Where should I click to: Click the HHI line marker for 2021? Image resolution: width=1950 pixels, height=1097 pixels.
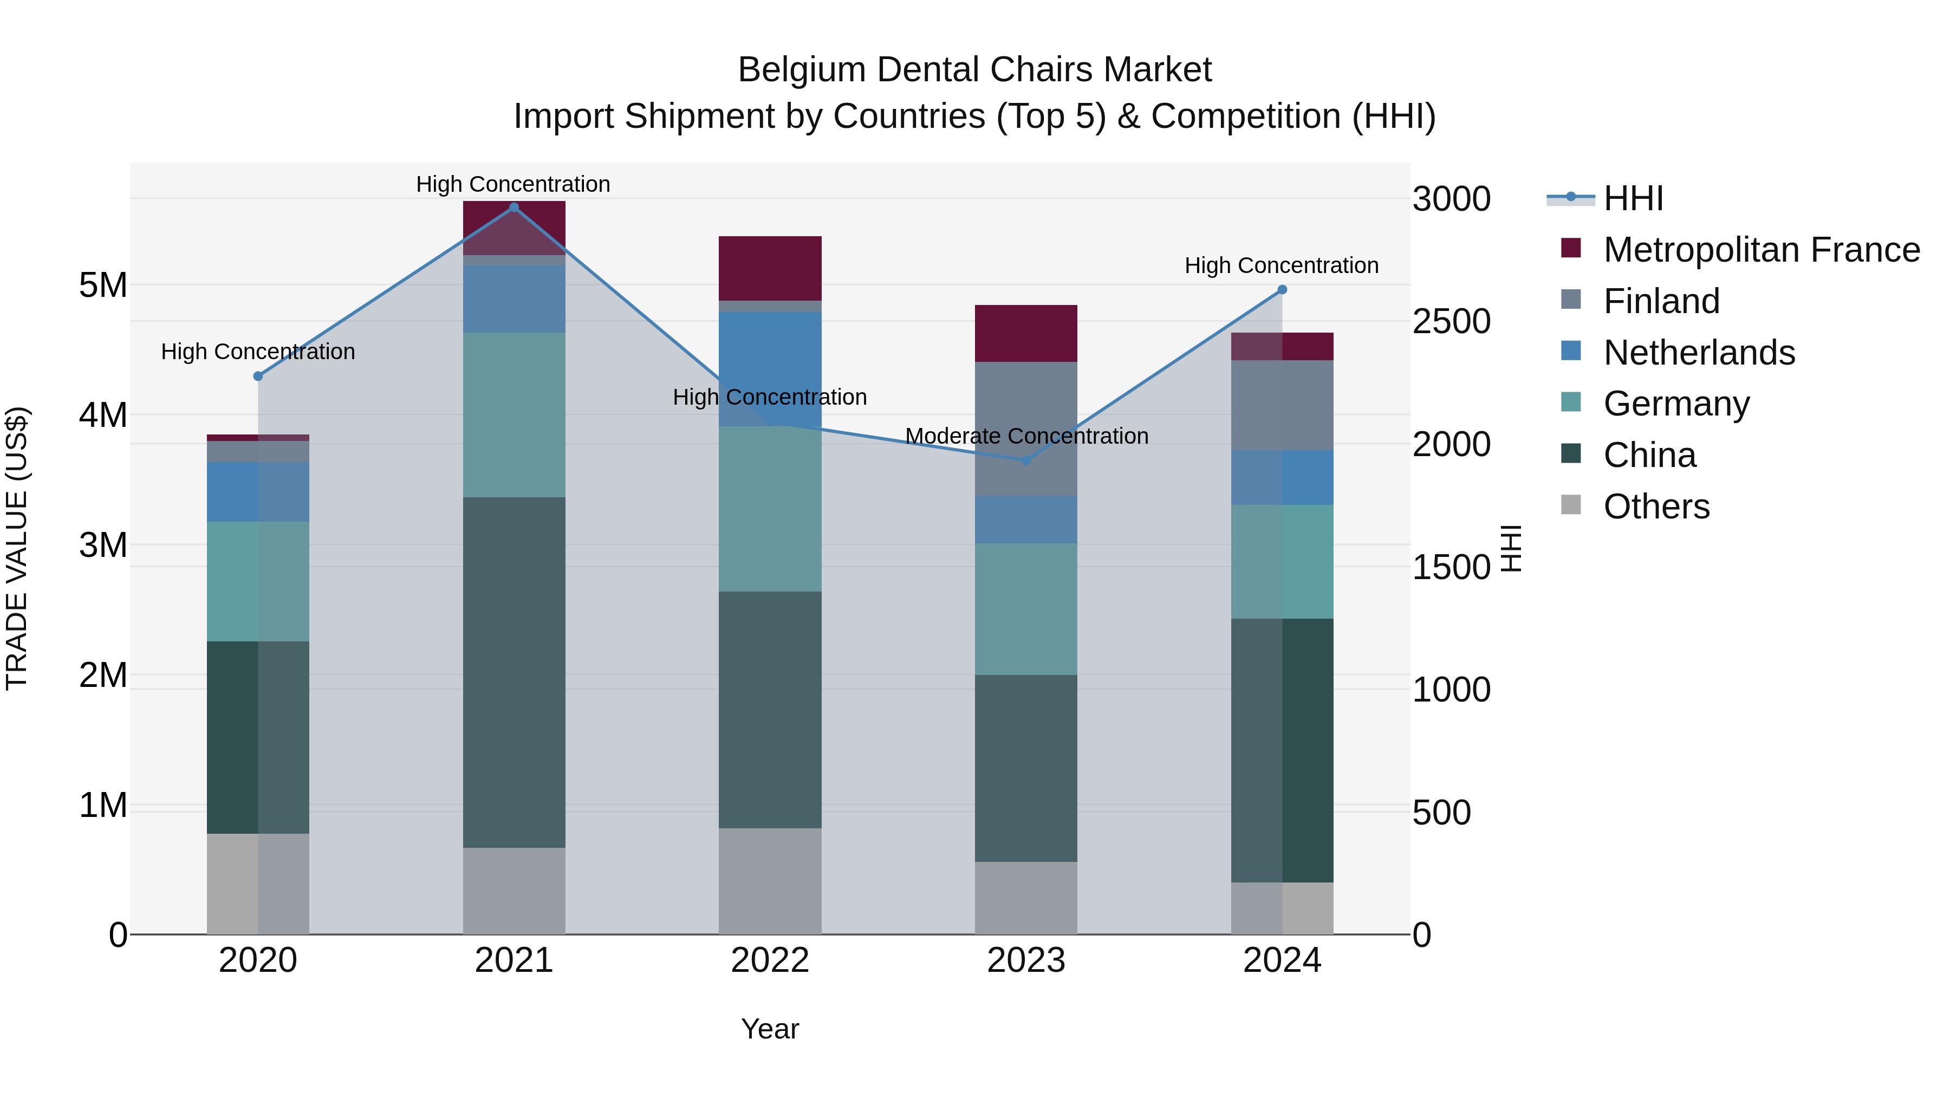[x=514, y=207]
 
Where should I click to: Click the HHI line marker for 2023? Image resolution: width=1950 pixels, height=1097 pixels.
[x=1026, y=460]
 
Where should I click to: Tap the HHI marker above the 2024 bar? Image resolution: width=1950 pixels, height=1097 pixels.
[x=1282, y=290]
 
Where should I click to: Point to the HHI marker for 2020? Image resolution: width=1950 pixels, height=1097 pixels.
[x=258, y=377]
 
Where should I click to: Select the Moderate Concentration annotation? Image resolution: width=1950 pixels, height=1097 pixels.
[x=1026, y=437]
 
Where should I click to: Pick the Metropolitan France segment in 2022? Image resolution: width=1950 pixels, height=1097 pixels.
[x=770, y=269]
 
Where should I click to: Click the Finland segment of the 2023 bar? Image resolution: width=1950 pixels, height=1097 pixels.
[x=1026, y=429]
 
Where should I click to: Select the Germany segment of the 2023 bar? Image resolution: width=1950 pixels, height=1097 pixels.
[x=1026, y=609]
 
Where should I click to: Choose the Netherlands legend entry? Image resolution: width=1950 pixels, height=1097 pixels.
[x=1698, y=353]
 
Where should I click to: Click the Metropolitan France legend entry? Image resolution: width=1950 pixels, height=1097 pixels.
[x=1761, y=250]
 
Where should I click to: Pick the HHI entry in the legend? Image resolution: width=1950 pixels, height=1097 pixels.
[x=1633, y=198]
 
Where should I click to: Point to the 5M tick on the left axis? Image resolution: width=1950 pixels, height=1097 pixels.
[x=103, y=285]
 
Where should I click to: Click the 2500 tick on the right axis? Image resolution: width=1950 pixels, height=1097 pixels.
[x=1451, y=322]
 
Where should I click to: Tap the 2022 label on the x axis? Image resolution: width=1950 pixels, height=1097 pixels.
[x=770, y=960]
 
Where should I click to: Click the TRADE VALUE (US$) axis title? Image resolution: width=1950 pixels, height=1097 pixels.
[x=17, y=548]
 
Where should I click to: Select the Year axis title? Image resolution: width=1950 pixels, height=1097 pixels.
[x=770, y=1029]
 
